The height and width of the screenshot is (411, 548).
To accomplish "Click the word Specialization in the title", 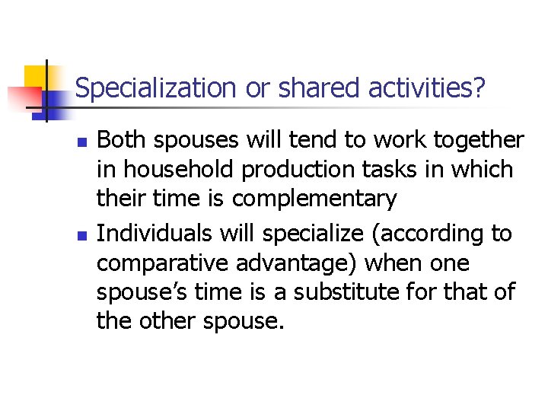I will tap(157, 89).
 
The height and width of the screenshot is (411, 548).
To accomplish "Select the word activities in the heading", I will tap(426, 89).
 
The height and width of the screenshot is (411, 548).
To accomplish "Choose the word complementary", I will tap(314, 199).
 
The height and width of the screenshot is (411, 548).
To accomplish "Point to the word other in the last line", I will tap(170, 321).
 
